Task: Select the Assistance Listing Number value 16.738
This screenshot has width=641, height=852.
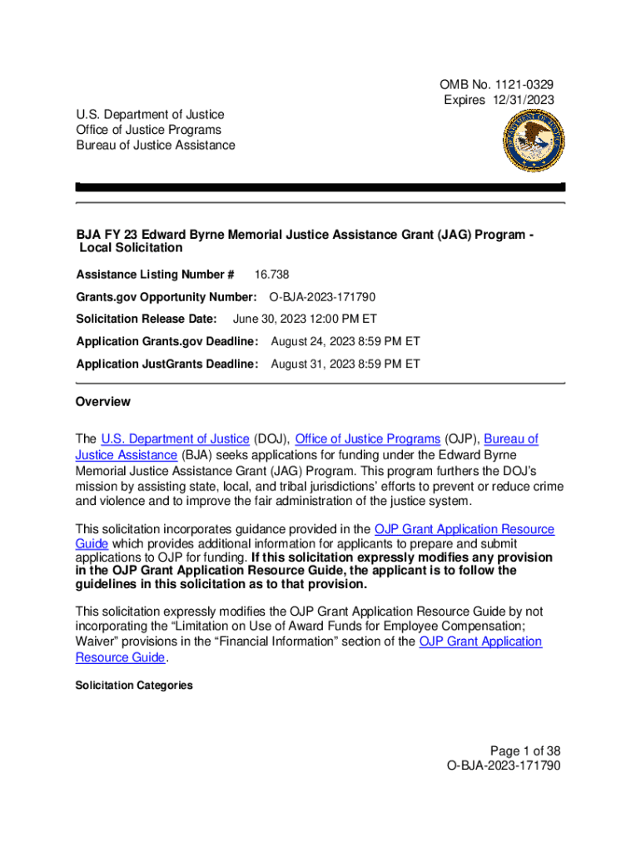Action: point(271,275)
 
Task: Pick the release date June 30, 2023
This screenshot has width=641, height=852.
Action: point(305,319)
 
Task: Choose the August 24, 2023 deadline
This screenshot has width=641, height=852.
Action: point(345,341)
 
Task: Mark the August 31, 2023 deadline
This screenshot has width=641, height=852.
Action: point(345,364)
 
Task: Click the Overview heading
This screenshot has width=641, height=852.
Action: point(103,402)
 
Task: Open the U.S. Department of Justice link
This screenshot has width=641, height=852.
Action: point(175,438)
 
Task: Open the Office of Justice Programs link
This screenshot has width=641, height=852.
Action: point(368,438)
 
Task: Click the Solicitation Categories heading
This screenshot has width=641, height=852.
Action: point(134,686)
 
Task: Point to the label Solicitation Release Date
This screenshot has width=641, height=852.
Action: point(147,319)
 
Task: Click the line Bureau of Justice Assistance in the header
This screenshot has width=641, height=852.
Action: point(156,145)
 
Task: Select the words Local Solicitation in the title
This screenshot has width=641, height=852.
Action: point(131,248)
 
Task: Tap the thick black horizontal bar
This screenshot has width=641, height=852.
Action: point(320,187)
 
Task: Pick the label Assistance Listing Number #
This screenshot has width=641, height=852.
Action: point(155,275)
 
